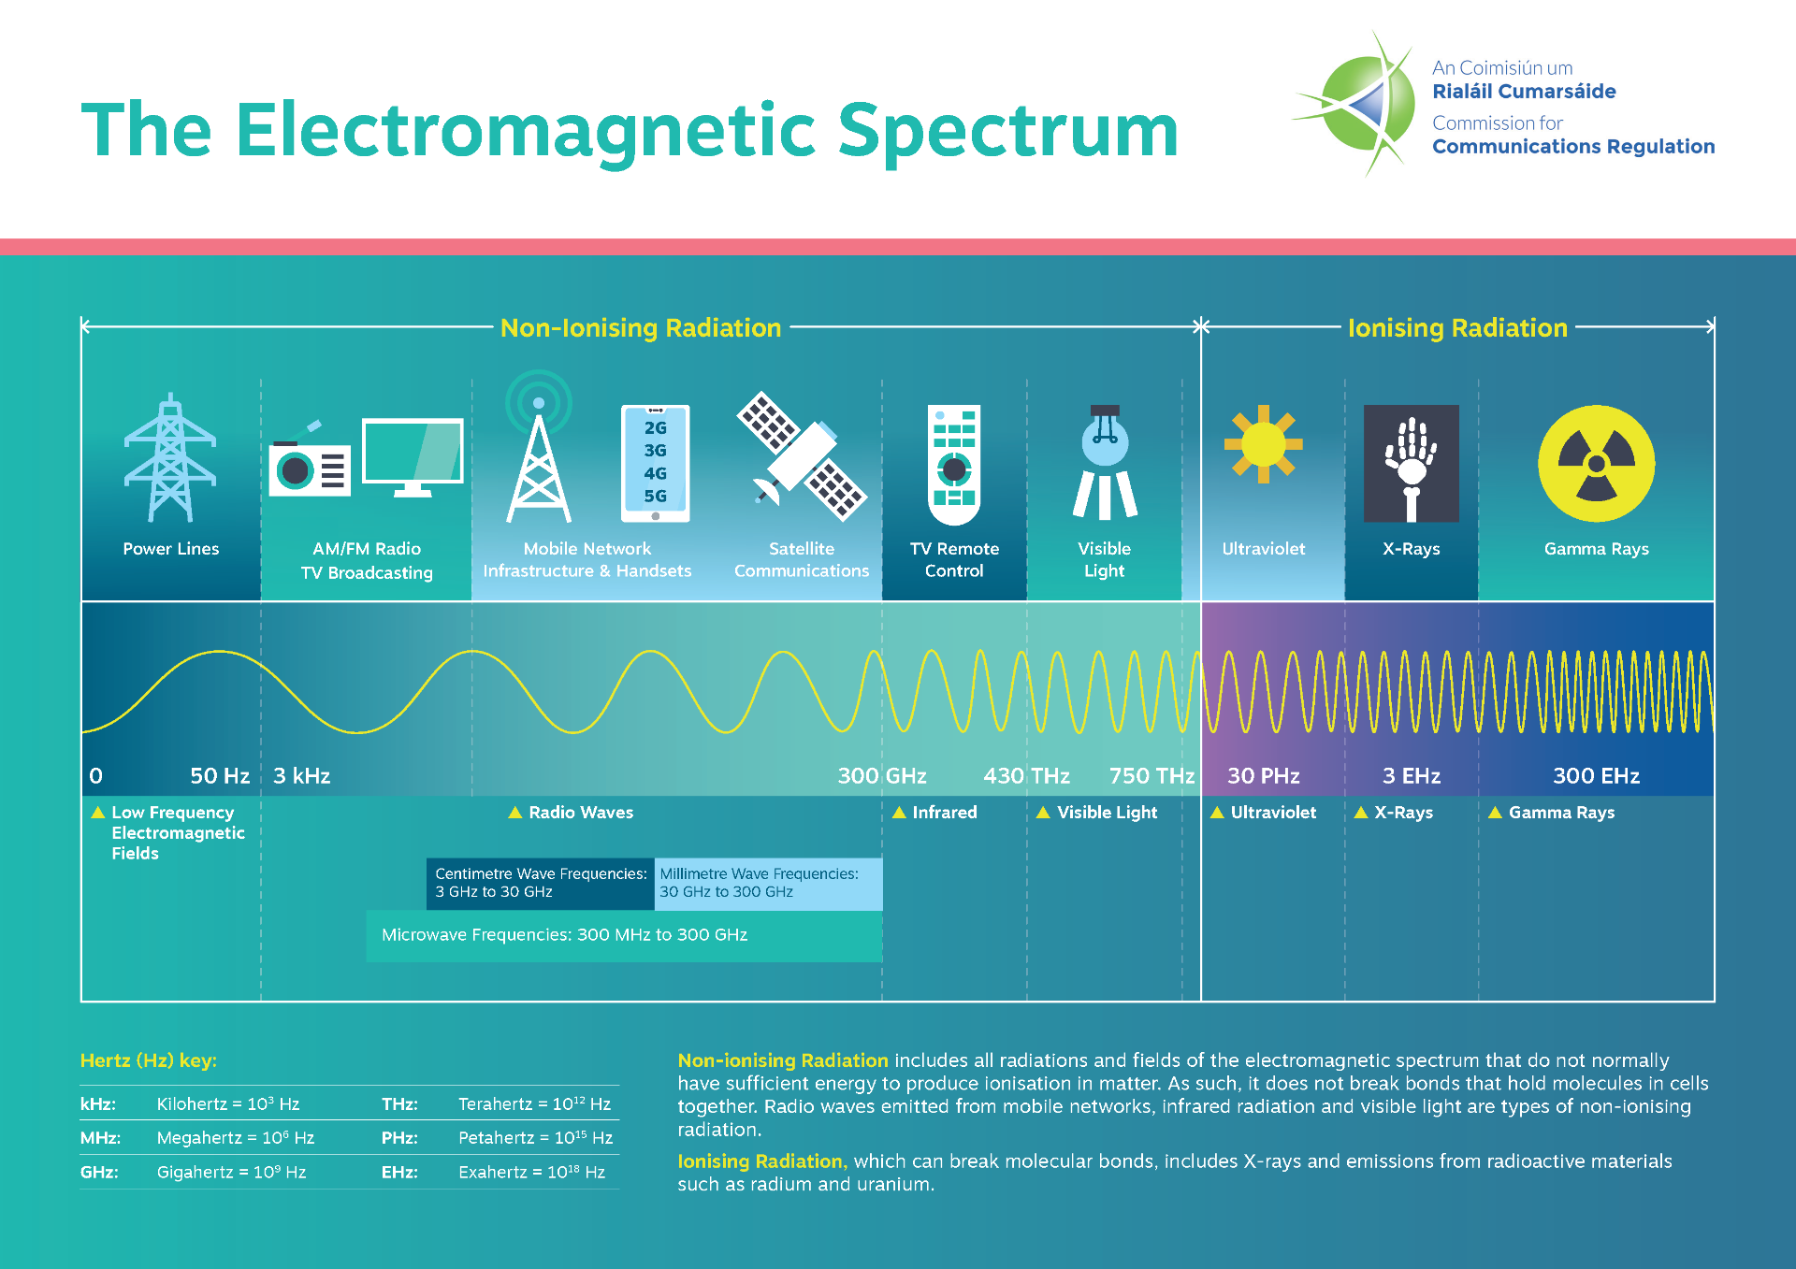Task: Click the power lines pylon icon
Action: pyautogui.click(x=170, y=458)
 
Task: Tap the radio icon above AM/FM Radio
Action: pyautogui.click(x=310, y=465)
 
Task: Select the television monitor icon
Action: pyautogui.click(x=413, y=455)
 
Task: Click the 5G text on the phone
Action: pyautogui.click(x=655, y=496)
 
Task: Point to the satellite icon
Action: pyautogui.click(x=803, y=455)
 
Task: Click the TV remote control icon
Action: pyautogui.click(x=953, y=464)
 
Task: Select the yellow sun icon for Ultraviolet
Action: pyautogui.click(x=1263, y=444)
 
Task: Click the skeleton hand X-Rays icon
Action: pyautogui.click(x=1411, y=463)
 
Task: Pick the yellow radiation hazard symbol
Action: pyautogui.click(x=1596, y=463)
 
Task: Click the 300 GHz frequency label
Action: pyautogui.click(x=881, y=775)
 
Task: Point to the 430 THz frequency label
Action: pyautogui.click(x=1026, y=775)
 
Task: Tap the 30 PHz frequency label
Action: pyautogui.click(x=1263, y=775)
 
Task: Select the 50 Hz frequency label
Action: pyautogui.click(x=219, y=775)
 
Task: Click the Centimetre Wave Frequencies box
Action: pyautogui.click(x=541, y=883)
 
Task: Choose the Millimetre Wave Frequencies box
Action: pyautogui.click(x=767, y=883)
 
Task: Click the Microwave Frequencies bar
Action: pyautogui.click(x=624, y=935)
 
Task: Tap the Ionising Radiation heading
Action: pyautogui.click(x=1456, y=327)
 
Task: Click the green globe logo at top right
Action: pyautogui.click(x=1361, y=103)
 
